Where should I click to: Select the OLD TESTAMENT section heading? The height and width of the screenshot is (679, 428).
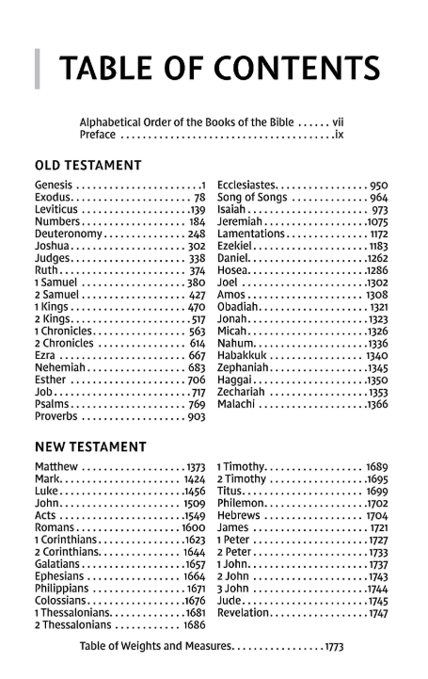tap(87, 166)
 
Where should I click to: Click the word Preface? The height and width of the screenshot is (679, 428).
tap(98, 136)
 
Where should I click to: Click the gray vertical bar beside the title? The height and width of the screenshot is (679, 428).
tap(39, 67)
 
